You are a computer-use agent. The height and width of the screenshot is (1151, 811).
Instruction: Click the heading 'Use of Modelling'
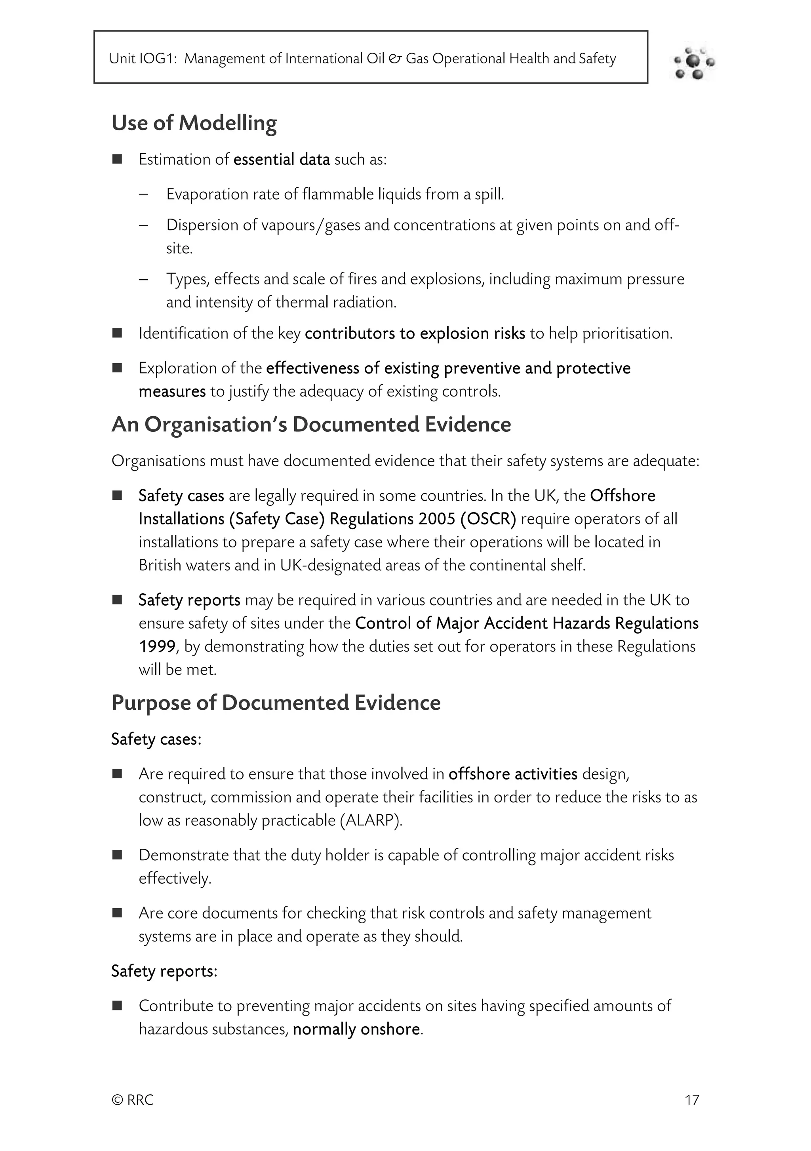pyautogui.click(x=194, y=123)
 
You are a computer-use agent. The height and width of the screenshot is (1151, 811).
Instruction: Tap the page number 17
pyautogui.click(x=692, y=1100)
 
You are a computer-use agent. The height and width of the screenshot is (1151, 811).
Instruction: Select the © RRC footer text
pyautogui.click(x=132, y=1100)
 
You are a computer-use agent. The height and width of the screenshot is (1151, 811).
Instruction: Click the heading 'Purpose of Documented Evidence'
pyautogui.click(x=276, y=703)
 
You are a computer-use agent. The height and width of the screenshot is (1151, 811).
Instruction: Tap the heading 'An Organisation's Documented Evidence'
pyautogui.click(x=311, y=425)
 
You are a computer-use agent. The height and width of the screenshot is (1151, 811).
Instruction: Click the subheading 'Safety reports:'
pyautogui.click(x=164, y=971)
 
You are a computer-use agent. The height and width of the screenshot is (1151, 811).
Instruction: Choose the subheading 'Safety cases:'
pyautogui.click(x=156, y=739)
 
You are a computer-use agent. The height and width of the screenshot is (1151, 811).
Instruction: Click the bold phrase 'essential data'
pyautogui.click(x=282, y=159)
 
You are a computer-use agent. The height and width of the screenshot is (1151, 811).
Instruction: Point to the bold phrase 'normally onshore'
pyautogui.click(x=356, y=1029)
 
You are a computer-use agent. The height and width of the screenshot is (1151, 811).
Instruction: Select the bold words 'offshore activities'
pyautogui.click(x=513, y=774)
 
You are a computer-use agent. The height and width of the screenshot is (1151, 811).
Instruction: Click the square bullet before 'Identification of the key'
pyautogui.click(x=117, y=333)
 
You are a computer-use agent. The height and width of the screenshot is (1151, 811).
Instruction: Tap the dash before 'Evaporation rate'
pyautogui.click(x=144, y=194)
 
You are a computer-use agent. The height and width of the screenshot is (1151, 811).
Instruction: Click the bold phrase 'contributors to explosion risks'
pyautogui.click(x=415, y=333)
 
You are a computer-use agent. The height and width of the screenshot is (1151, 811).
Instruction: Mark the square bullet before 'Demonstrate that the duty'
pyautogui.click(x=117, y=855)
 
